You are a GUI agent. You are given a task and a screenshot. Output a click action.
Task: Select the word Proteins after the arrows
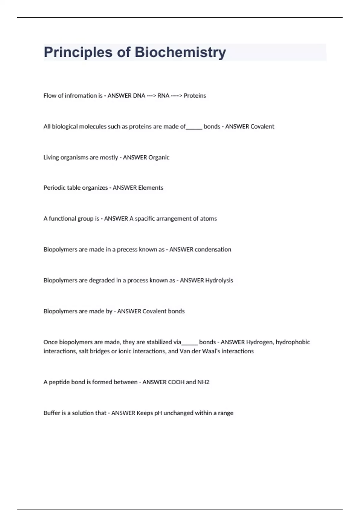[x=195, y=96]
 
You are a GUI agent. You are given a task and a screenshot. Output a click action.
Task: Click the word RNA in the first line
[x=163, y=96]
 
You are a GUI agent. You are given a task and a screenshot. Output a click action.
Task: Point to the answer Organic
[x=159, y=157]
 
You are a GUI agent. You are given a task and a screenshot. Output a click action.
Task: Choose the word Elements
[x=150, y=188]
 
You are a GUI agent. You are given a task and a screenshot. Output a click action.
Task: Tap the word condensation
[x=213, y=250]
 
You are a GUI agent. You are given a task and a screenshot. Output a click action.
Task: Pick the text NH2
[x=203, y=382]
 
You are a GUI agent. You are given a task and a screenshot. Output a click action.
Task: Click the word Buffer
[x=52, y=413]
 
